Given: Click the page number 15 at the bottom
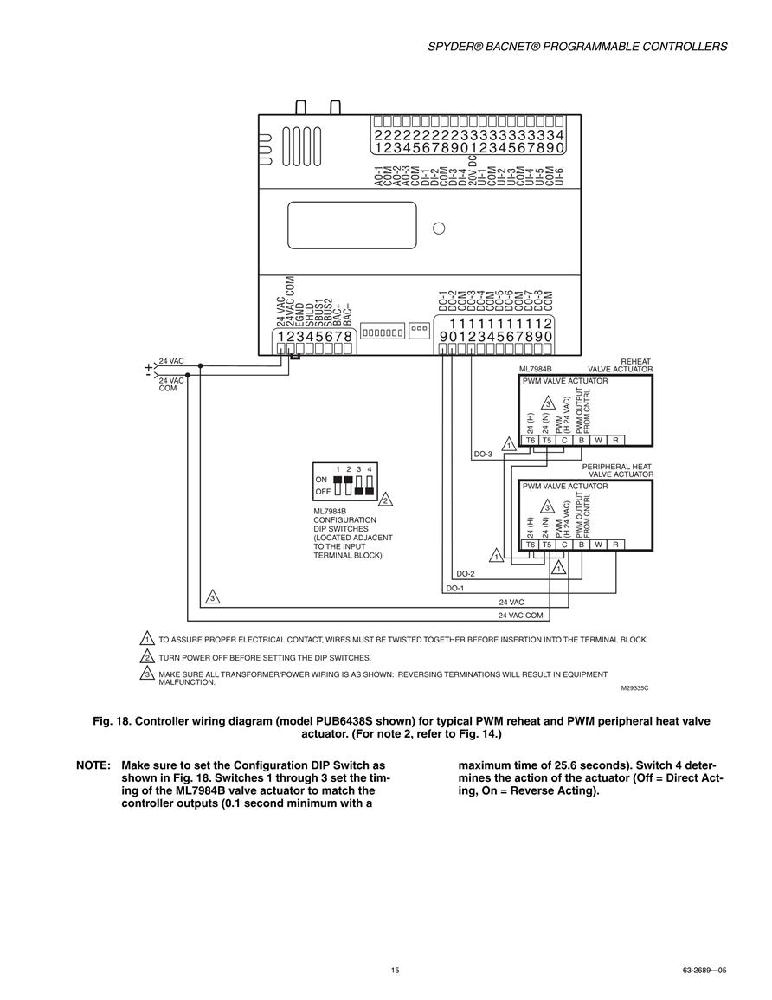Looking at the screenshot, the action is (x=396, y=970).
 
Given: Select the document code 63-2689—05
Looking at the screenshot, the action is (x=704, y=970).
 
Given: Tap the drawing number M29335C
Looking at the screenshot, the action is (x=635, y=688).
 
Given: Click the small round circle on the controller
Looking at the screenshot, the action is (x=439, y=229).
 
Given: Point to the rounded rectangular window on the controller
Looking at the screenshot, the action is (x=352, y=225).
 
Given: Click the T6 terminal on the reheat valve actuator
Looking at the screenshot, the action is (x=531, y=440).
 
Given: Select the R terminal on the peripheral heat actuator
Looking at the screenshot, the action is (x=616, y=545).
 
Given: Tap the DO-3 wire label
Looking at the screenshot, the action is (x=483, y=454).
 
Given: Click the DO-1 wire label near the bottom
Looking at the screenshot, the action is (x=455, y=588).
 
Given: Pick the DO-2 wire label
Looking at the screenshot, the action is (x=466, y=574).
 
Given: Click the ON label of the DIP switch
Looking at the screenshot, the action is (x=321, y=480).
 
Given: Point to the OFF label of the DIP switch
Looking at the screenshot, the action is (x=323, y=492).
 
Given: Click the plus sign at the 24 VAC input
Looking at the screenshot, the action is (x=149, y=367).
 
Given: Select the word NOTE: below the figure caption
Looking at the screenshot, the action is (x=93, y=765).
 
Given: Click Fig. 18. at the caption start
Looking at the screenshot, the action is (x=112, y=721).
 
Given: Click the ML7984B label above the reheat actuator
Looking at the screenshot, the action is (x=536, y=369).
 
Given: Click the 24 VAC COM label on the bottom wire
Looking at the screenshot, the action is (x=521, y=616).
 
